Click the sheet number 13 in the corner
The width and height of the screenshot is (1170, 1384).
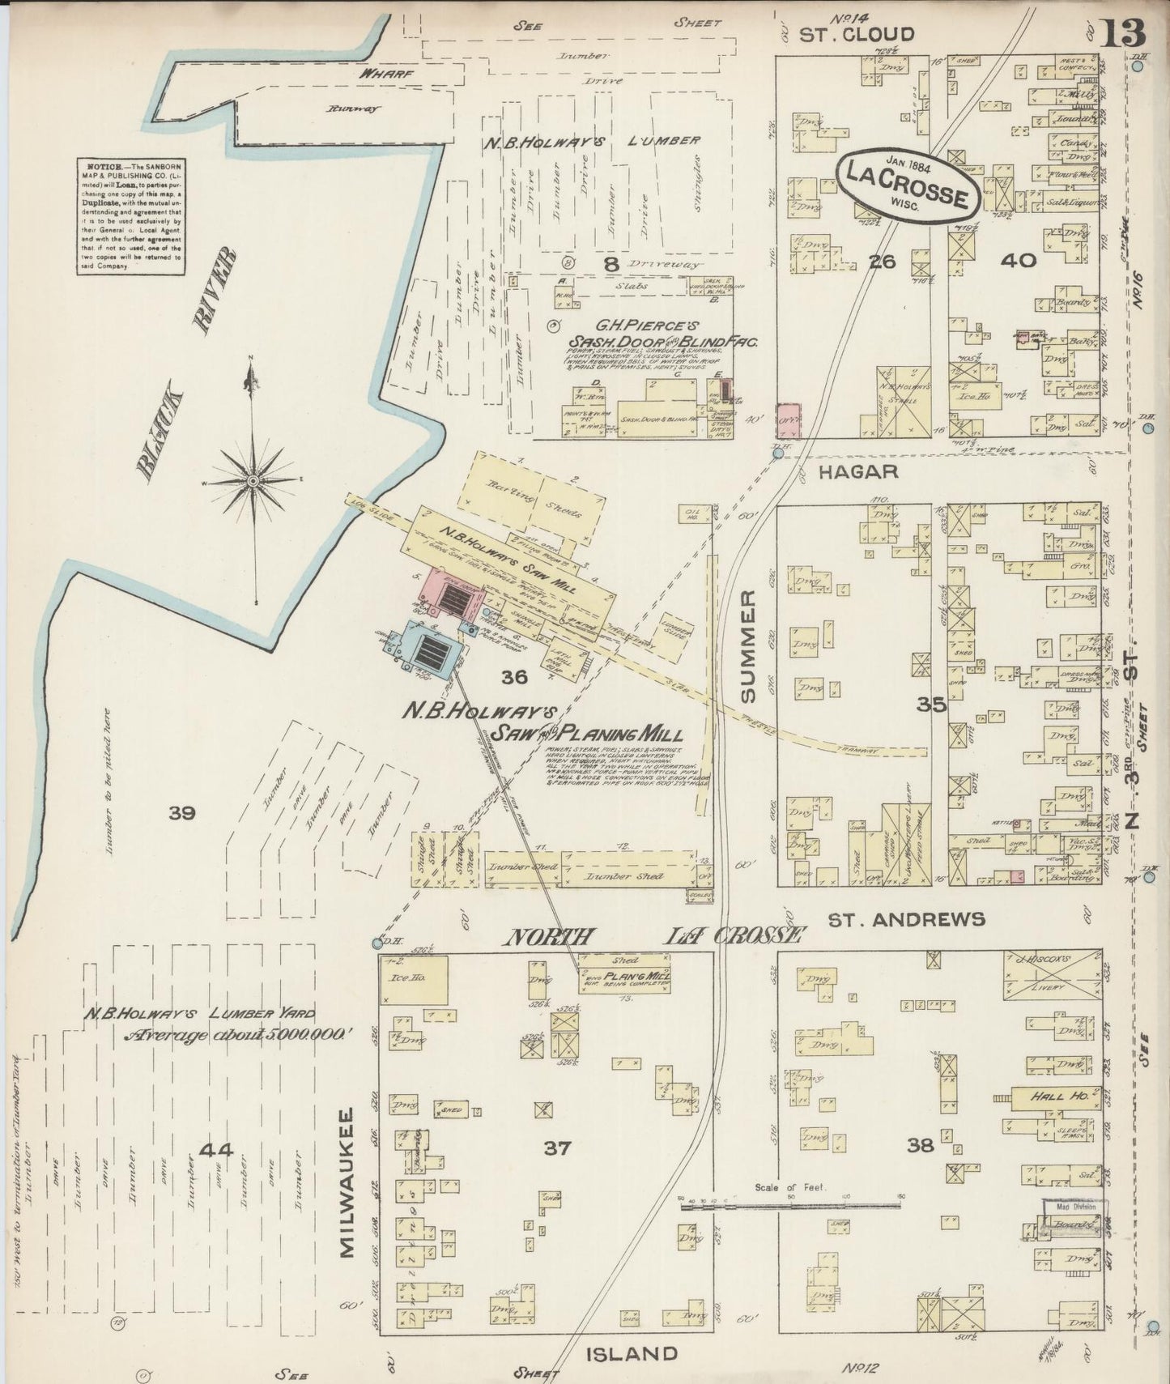click(x=1123, y=33)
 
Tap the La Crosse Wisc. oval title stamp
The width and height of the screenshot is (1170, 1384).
click(x=908, y=185)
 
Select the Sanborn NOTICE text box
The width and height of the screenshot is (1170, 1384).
click(x=130, y=215)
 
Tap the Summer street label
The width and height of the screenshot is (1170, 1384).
click(x=747, y=646)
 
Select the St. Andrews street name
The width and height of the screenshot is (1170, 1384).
click(x=905, y=918)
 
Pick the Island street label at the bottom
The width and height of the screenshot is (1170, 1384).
click(x=630, y=1352)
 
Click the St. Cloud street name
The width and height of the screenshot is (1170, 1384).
click(x=857, y=34)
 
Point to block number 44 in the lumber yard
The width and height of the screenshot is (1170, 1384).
click(x=215, y=1149)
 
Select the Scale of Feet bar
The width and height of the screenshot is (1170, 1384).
click(x=789, y=1205)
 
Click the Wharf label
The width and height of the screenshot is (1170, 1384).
click(x=387, y=74)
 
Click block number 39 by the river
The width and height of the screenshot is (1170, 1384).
click(x=182, y=812)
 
